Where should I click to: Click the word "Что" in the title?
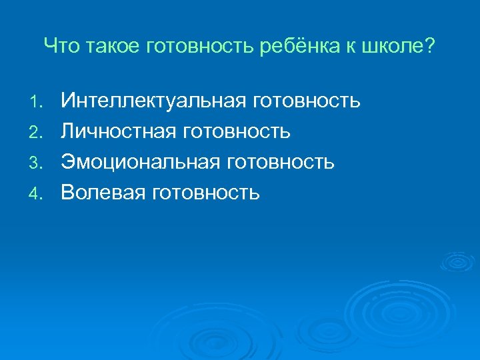click(58, 47)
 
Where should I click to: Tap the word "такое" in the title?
click(99, 47)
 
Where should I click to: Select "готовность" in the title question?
click(177, 47)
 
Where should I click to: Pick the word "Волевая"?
click(104, 193)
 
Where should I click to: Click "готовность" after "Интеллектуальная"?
click(307, 101)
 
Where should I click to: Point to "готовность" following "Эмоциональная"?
click(281, 163)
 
